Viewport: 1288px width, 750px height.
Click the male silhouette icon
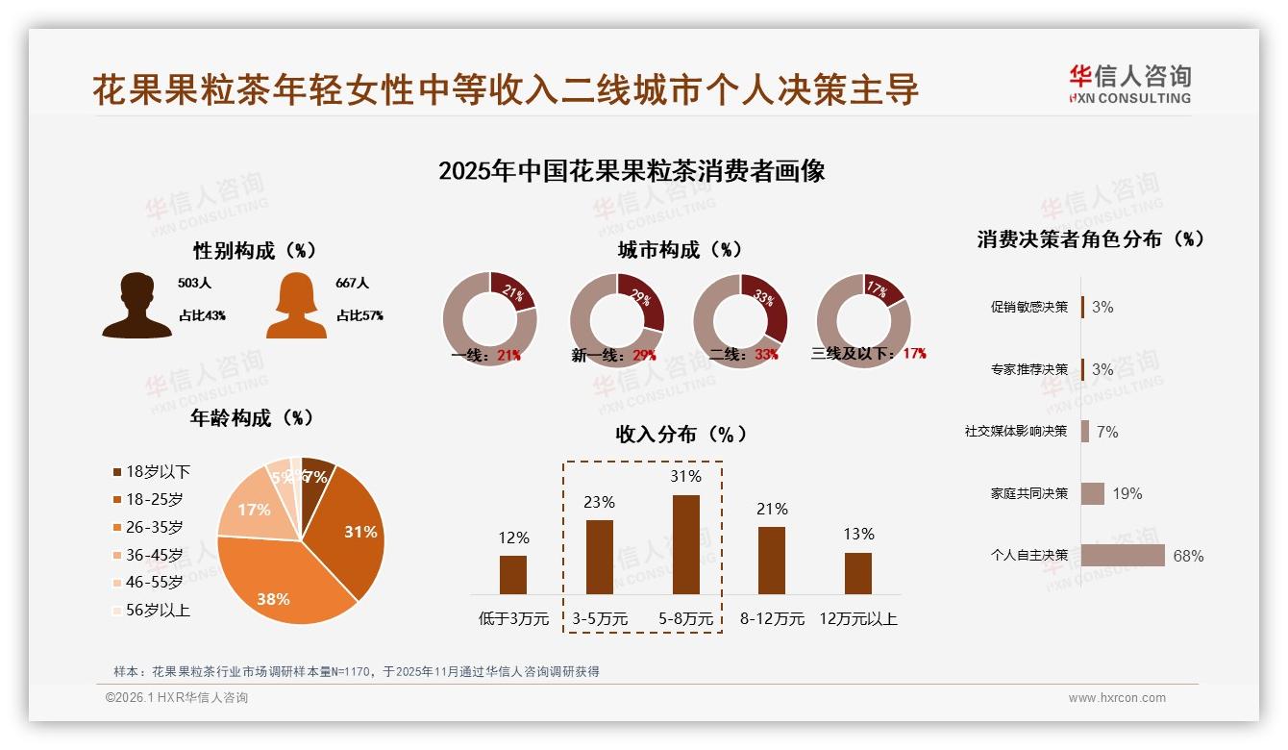[x=136, y=306]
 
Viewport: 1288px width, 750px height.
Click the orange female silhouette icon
[x=296, y=306]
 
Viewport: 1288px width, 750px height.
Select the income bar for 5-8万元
[x=685, y=544]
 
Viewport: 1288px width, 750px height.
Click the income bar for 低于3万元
[x=513, y=574]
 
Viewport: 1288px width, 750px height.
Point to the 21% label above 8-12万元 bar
[x=772, y=509]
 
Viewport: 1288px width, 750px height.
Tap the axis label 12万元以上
[x=857, y=618]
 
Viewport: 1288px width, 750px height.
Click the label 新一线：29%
[x=613, y=355]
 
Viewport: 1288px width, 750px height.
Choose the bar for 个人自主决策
[x=1122, y=555]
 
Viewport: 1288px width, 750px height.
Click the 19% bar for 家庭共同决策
[x=1093, y=493]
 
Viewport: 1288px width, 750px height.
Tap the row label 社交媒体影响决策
[x=1016, y=431]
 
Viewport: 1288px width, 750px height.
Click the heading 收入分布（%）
[x=681, y=434]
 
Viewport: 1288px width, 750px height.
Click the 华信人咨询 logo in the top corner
[x=1129, y=84]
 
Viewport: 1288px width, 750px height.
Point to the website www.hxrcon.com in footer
[x=1117, y=698]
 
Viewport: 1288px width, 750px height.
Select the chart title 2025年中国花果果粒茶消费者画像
[x=632, y=171]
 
